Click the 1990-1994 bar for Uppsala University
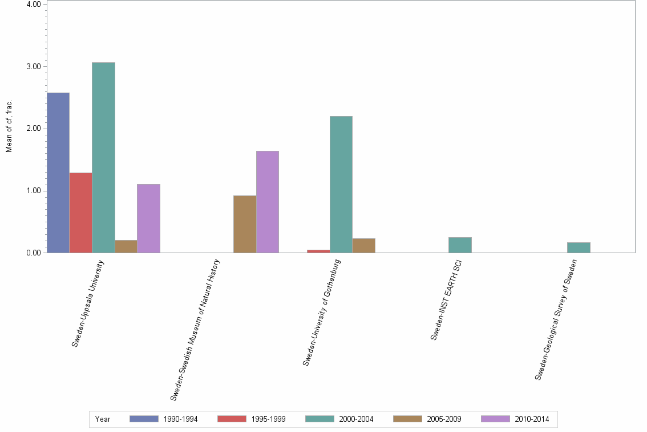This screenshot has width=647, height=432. point(58,173)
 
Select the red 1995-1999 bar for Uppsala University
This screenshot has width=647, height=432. point(80,213)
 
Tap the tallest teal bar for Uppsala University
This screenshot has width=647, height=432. point(103,157)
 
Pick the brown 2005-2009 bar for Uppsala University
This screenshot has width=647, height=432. point(126,246)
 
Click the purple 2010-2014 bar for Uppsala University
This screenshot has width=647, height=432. point(148,218)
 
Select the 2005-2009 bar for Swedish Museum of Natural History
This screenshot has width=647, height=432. point(245,224)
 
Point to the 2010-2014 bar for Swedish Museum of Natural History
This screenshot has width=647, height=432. point(268,202)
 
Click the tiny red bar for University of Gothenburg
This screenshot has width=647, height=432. point(318,251)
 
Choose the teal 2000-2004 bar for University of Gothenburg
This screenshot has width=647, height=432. point(341,184)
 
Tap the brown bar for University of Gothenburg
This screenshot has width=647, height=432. point(364,246)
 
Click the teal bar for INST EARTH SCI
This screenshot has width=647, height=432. point(460,245)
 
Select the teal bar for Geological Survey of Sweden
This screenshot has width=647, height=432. point(579,247)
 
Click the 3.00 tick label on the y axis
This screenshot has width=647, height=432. point(32,66)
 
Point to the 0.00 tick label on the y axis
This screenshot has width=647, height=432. point(32,253)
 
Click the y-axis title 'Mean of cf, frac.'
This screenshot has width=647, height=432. point(9,127)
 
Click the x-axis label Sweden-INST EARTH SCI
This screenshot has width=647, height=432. point(446,300)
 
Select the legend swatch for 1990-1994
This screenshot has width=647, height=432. point(144,419)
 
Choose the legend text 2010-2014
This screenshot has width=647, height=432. point(532,419)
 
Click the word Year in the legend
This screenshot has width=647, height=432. point(103,419)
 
